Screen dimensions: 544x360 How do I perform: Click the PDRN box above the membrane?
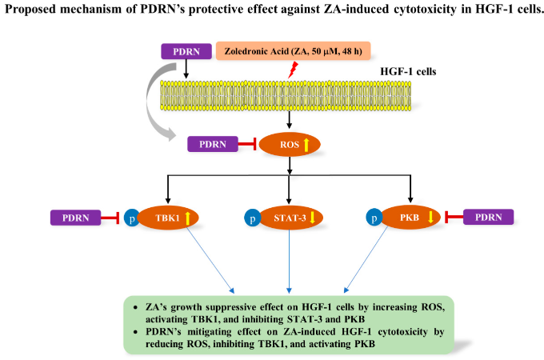click(186, 51)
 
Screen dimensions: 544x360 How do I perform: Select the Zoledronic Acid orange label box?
click(293, 51)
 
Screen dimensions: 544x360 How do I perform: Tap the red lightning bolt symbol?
click(293, 70)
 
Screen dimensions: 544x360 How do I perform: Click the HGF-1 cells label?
click(408, 71)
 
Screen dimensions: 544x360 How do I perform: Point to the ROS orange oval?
click(290, 144)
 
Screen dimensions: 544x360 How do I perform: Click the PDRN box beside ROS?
click(213, 144)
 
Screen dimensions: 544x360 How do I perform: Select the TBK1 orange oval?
click(168, 218)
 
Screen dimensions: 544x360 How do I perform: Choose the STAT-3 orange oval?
click(291, 218)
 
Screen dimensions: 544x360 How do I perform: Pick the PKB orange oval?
click(410, 218)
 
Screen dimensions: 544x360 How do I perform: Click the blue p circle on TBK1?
click(132, 218)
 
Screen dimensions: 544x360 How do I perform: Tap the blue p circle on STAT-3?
click(253, 218)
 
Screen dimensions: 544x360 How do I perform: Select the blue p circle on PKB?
click(374, 218)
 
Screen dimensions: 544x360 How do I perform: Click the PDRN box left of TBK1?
click(76, 218)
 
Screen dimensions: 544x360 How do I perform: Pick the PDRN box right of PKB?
click(489, 217)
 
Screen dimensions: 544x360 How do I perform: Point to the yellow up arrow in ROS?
click(306, 145)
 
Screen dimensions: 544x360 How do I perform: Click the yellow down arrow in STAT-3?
click(312, 218)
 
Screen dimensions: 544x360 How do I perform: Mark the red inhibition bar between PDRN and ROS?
click(247, 144)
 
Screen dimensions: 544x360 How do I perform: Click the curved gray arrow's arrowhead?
click(170, 134)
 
